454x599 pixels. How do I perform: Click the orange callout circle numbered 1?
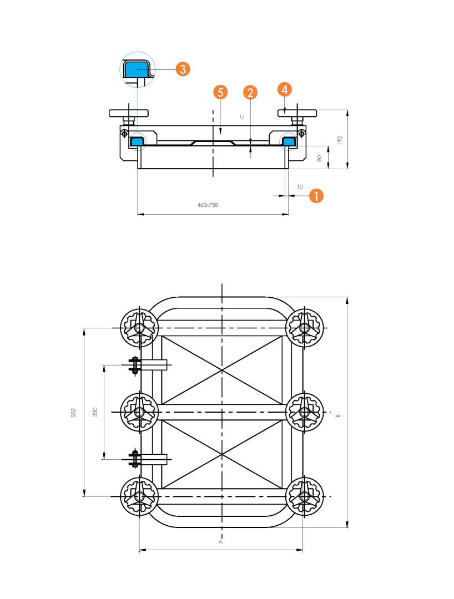pyautogui.click(x=316, y=196)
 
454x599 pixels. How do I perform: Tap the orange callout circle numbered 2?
pyautogui.click(x=250, y=92)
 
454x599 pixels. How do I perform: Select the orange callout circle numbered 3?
pyautogui.click(x=183, y=69)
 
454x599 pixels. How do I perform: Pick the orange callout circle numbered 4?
pyautogui.click(x=285, y=89)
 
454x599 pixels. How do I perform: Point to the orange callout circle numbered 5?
pyautogui.click(x=220, y=92)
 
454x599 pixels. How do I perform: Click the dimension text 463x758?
pyautogui.click(x=208, y=205)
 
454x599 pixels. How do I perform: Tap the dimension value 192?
pyautogui.click(x=340, y=140)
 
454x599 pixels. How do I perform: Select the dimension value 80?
pyautogui.click(x=320, y=158)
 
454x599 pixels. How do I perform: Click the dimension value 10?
pyautogui.click(x=300, y=187)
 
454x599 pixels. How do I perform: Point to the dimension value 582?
pyautogui.click(x=73, y=413)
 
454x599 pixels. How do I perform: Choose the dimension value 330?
pyautogui.click(x=95, y=412)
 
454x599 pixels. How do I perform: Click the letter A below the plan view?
pyautogui.click(x=220, y=542)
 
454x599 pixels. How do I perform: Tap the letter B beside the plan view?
pyautogui.click(x=338, y=415)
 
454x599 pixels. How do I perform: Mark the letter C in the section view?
pyautogui.click(x=242, y=116)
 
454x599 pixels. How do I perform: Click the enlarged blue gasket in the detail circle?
pyautogui.click(x=137, y=70)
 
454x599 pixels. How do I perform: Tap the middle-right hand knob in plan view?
pyautogui.click(x=305, y=412)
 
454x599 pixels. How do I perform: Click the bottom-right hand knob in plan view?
pyautogui.click(x=305, y=496)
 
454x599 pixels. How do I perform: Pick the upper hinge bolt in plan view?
pyautogui.click(x=134, y=365)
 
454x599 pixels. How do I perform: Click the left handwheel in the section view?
pyautogui.click(x=129, y=114)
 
